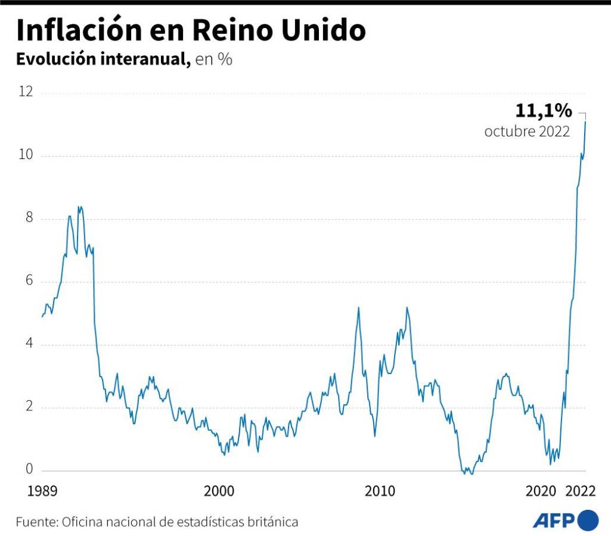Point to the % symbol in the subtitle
click(225, 60)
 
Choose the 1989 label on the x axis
click(43, 492)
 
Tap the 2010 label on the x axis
click(380, 492)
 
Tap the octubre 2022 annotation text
click(527, 132)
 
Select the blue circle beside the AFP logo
click(588, 520)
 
